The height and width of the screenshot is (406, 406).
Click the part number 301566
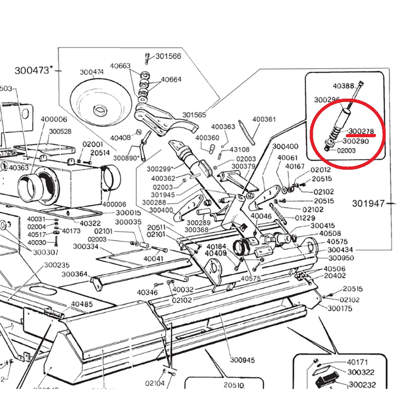point(168,56)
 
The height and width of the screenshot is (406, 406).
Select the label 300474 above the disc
point(92,72)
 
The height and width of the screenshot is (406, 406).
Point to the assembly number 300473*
point(34,70)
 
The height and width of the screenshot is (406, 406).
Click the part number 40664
point(171,80)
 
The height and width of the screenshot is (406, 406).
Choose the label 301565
point(194,115)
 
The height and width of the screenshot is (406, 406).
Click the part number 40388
point(343,86)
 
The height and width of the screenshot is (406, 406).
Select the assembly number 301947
point(368,203)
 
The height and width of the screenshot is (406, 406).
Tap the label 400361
point(264,119)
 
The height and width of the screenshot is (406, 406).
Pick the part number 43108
point(240,149)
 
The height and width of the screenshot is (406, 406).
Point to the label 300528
point(60,132)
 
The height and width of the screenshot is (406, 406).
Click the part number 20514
point(100,153)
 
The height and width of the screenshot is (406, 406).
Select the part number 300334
point(86,246)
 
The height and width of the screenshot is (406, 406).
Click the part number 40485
point(82,304)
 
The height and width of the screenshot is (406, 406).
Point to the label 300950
point(341,258)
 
